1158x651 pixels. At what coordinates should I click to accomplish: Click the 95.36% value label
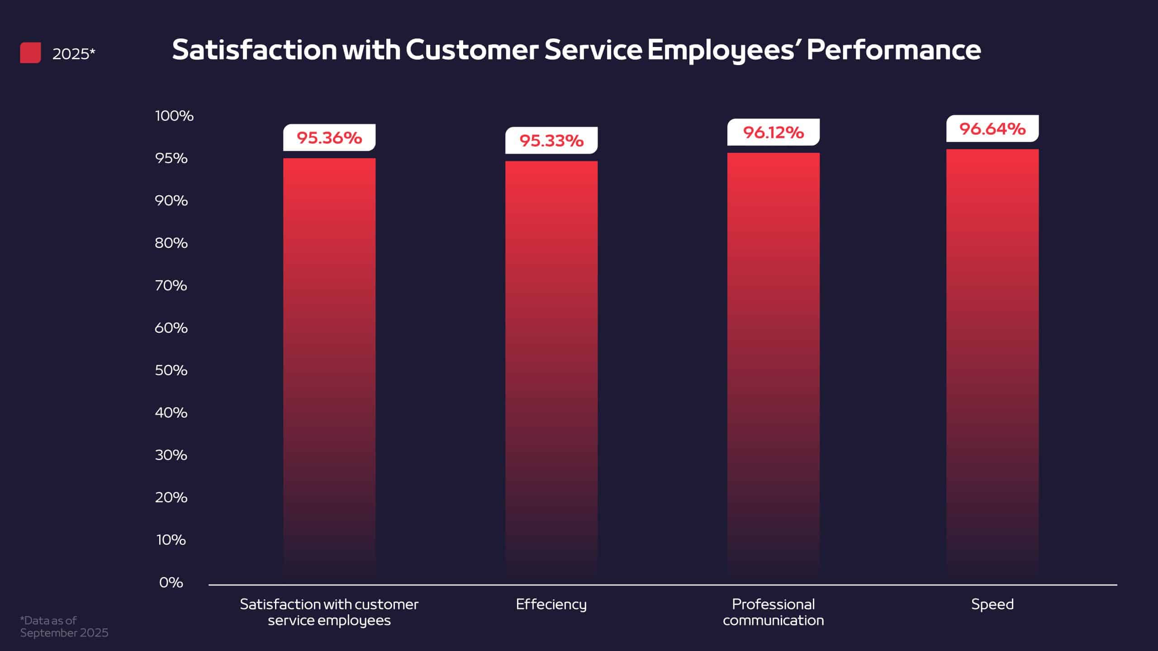(x=329, y=138)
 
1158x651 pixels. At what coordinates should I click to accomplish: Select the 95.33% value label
(x=551, y=141)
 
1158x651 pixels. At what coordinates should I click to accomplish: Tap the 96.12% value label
(x=773, y=132)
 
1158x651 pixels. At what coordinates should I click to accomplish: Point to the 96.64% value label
(x=992, y=129)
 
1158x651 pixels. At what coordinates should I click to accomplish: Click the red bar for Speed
(x=992, y=362)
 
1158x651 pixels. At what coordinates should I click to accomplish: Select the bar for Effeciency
(x=551, y=366)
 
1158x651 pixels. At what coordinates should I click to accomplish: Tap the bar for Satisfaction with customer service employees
(x=329, y=366)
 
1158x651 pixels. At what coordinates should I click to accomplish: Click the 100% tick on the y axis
(x=174, y=116)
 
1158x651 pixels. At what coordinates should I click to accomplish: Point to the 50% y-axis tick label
(x=171, y=370)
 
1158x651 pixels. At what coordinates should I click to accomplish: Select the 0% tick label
(x=171, y=582)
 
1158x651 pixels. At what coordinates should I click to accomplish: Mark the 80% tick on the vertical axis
(x=171, y=243)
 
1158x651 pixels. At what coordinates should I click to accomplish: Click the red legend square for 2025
(x=30, y=53)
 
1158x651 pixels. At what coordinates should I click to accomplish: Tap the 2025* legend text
(x=74, y=54)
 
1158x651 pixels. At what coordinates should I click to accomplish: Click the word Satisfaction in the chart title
(x=254, y=50)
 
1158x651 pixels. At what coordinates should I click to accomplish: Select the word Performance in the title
(x=893, y=50)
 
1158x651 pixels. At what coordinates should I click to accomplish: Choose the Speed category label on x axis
(x=992, y=604)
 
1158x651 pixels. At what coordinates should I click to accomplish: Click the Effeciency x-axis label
(x=551, y=604)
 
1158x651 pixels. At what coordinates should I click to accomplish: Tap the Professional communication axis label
(x=773, y=612)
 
